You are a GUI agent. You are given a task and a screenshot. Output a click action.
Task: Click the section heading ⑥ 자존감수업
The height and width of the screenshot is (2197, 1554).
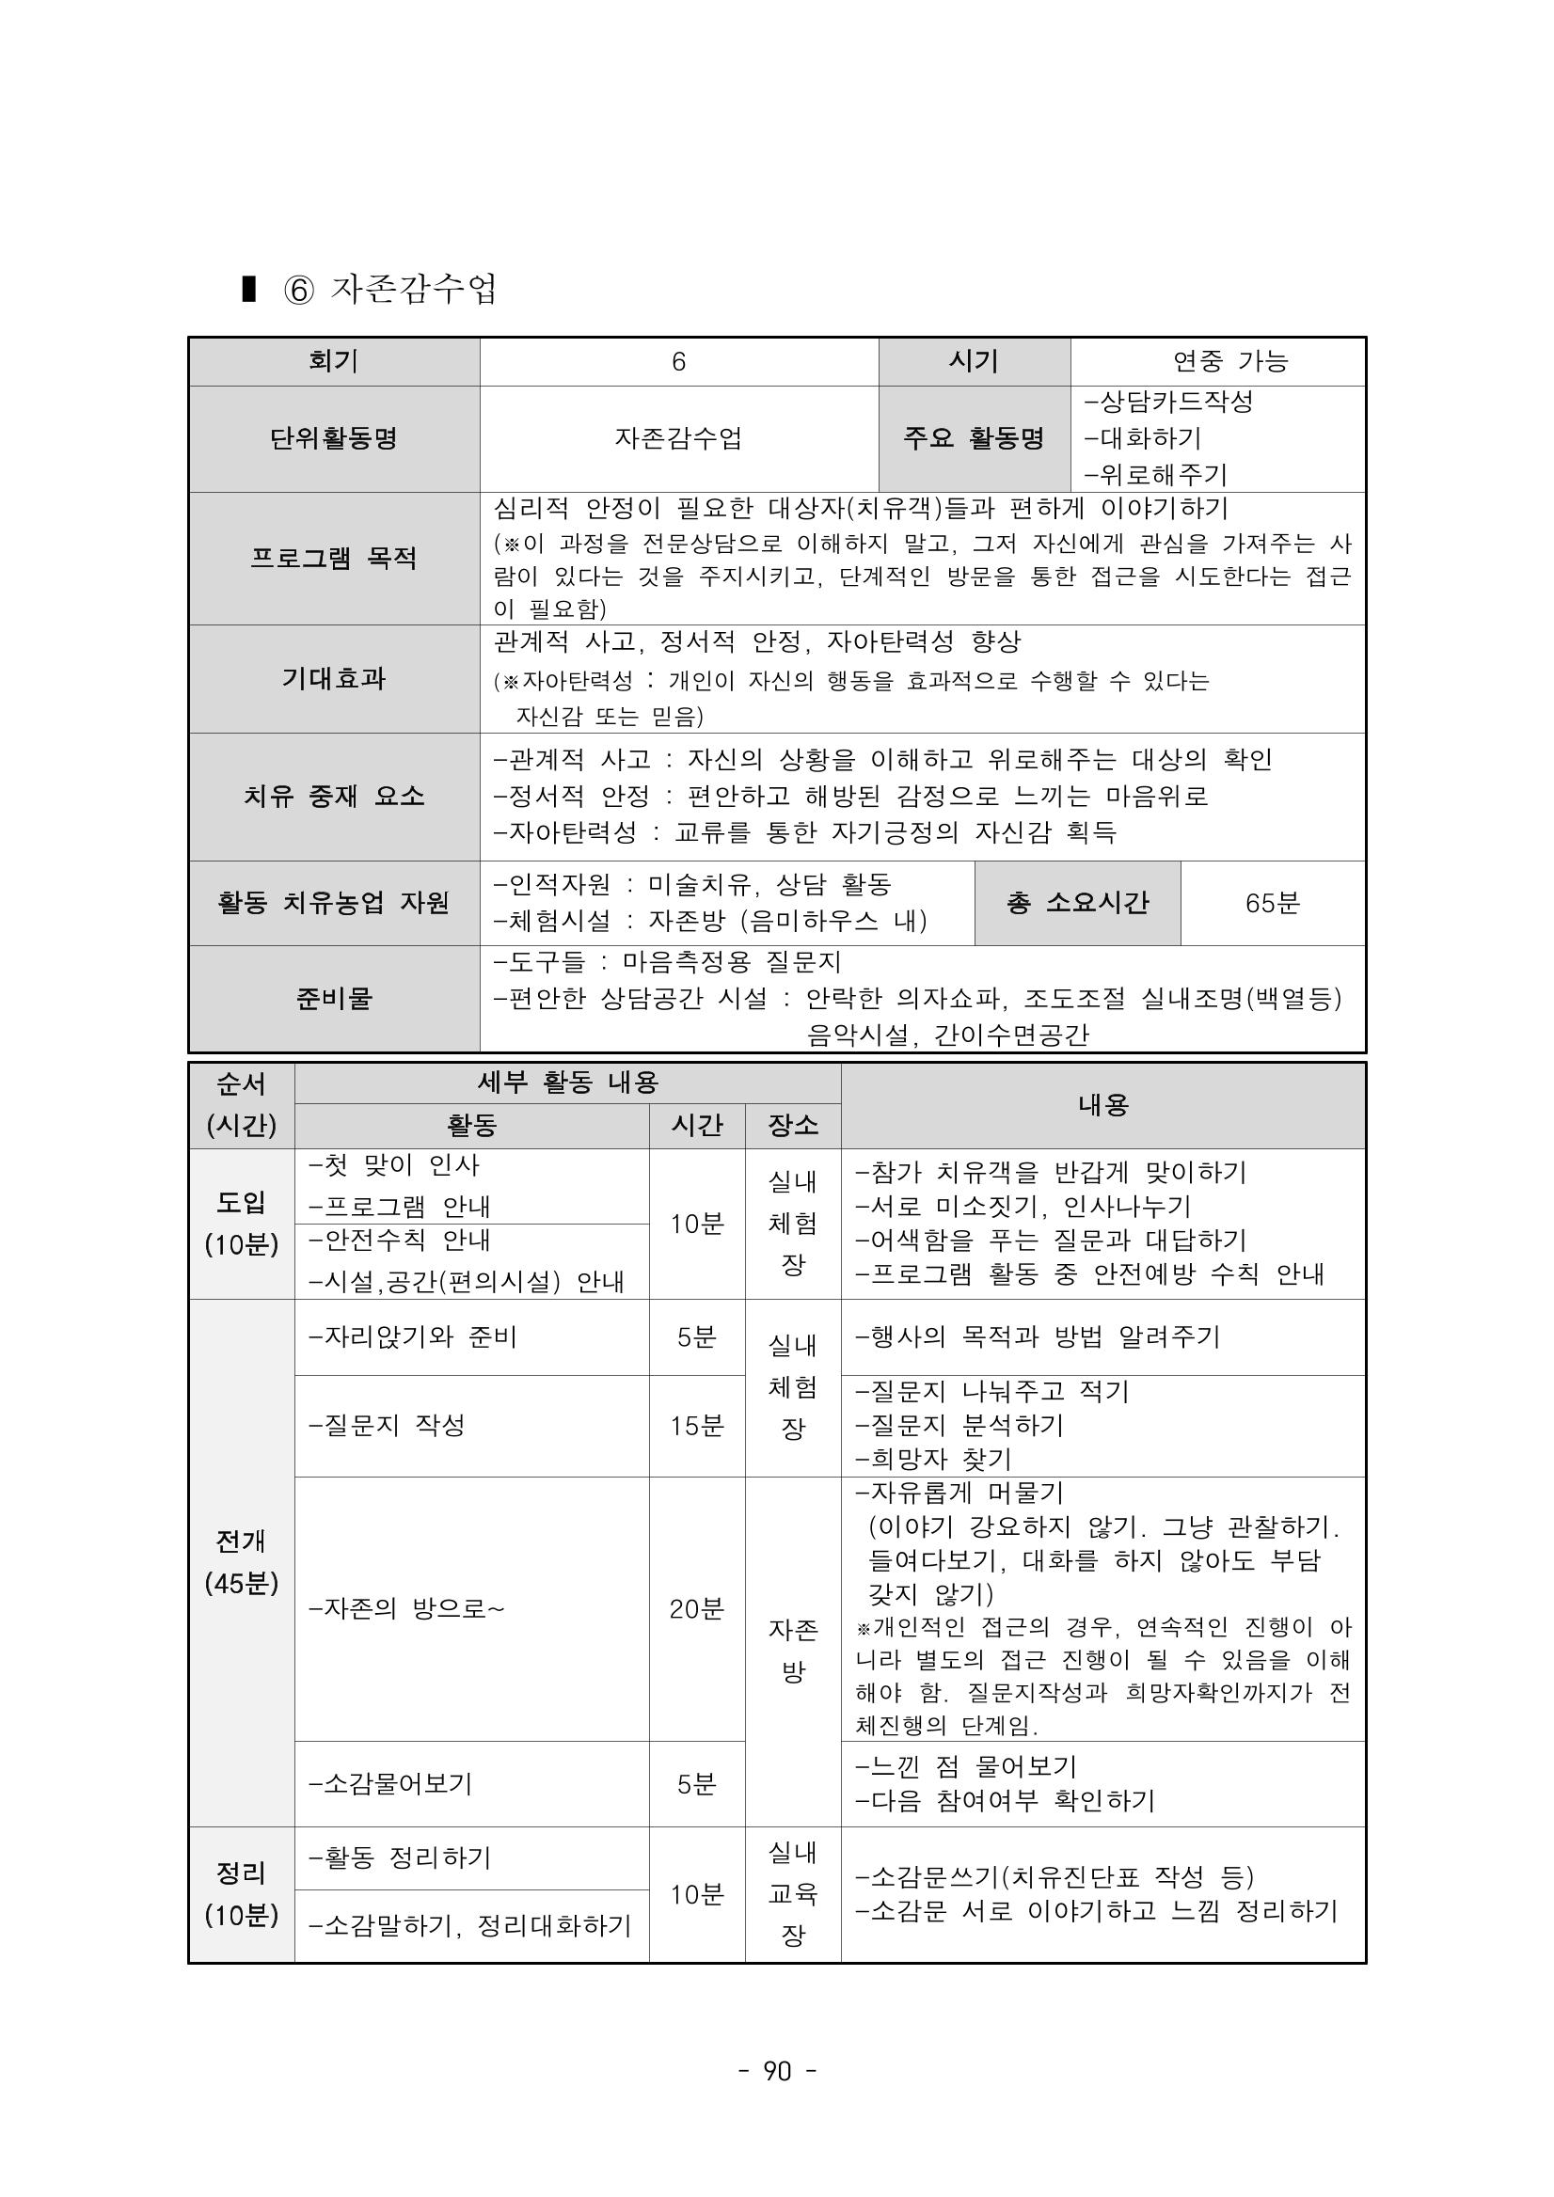(389, 288)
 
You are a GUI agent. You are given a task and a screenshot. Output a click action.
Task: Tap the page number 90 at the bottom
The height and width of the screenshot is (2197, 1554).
(777, 2071)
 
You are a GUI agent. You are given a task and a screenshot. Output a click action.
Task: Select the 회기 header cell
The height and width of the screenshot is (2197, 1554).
(334, 362)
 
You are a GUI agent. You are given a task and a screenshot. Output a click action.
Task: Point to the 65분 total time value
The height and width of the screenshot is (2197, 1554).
(1272, 902)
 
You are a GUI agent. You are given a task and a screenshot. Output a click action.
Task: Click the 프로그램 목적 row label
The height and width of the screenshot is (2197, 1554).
(334, 559)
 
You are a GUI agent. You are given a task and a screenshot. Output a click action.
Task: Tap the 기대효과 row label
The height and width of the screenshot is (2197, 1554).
(334, 678)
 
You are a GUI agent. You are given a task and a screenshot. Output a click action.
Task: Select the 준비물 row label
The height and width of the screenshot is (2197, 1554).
(334, 998)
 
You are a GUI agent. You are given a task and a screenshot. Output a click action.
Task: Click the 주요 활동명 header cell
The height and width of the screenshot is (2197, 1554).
(975, 438)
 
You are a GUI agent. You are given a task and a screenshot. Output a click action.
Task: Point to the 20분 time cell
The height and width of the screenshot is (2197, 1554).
(697, 1608)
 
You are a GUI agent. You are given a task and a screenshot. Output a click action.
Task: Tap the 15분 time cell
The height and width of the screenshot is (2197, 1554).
(697, 1426)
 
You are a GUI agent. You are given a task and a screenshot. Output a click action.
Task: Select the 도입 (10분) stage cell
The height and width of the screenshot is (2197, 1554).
(241, 1223)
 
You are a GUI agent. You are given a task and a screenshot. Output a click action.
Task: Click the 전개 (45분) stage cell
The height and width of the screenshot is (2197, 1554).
(241, 1561)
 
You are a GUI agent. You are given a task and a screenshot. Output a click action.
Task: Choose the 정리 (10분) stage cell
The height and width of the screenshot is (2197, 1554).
(241, 1893)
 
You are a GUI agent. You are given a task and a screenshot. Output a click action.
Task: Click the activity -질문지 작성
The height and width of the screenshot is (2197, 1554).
(387, 1426)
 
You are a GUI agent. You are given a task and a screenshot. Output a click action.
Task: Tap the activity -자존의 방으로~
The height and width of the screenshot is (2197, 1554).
(405, 1608)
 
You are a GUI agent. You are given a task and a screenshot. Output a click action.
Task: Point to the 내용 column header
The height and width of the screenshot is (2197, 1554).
(1102, 1105)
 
